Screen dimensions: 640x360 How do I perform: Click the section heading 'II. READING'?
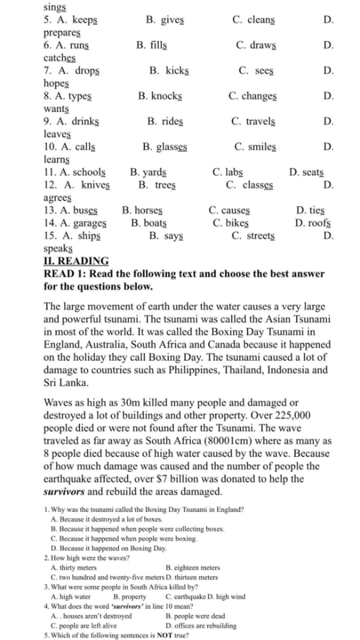(x=76, y=261)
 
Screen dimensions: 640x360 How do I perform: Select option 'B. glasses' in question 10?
(x=165, y=147)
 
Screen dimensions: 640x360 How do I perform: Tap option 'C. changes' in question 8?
(x=252, y=96)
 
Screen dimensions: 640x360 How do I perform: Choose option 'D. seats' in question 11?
(x=306, y=172)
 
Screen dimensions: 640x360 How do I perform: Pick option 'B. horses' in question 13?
(x=142, y=210)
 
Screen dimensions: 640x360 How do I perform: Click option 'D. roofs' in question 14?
(x=313, y=223)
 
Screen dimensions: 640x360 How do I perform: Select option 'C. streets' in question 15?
(x=253, y=236)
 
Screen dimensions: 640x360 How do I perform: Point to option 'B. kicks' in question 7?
(x=169, y=71)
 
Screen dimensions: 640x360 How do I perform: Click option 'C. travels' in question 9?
(x=253, y=121)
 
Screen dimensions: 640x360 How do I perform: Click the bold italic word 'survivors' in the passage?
(x=64, y=492)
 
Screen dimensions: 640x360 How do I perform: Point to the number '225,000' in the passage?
(x=293, y=416)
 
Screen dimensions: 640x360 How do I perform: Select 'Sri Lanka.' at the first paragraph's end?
(x=66, y=383)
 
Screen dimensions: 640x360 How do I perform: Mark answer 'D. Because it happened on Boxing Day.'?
(x=109, y=548)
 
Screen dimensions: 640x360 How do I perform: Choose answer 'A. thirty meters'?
(x=73, y=568)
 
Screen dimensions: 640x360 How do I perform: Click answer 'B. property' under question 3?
(x=130, y=597)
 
